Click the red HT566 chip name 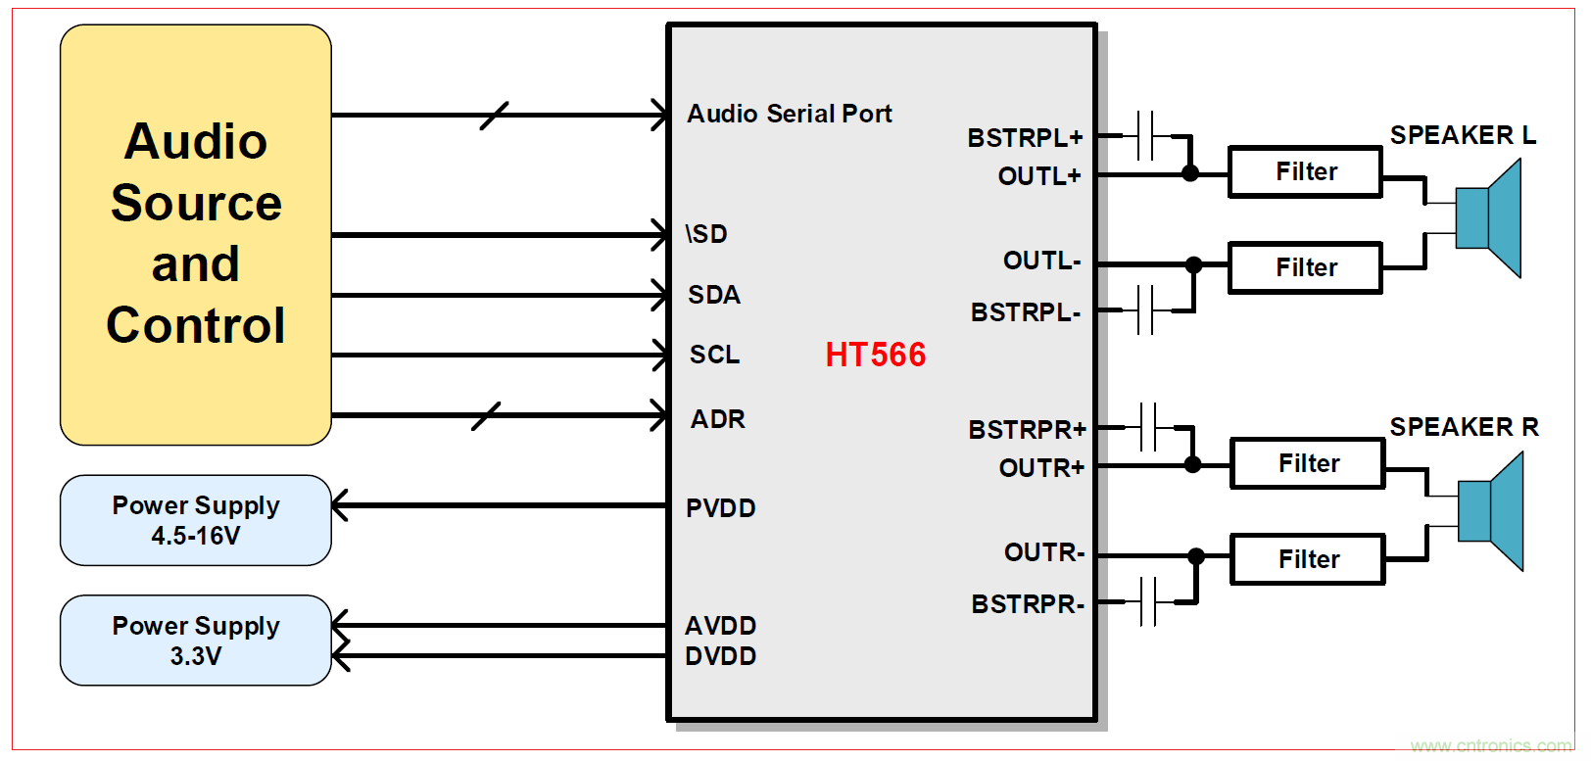coord(875,355)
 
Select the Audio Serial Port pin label coord(789,114)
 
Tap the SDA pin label coord(713,295)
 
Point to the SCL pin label coord(714,355)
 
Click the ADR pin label coord(717,419)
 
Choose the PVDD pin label coord(720,508)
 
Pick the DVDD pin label coord(720,656)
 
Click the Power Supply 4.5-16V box coord(196,520)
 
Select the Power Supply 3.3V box coord(196,641)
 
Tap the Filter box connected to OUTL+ coord(1305,172)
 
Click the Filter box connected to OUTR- coord(1307,559)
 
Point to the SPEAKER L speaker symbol coord(1489,218)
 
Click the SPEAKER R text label coord(1464,427)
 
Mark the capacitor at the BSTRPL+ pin coord(1146,135)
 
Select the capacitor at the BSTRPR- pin coord(1148,601)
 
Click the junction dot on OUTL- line coord(1193,264)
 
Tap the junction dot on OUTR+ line coord(1192,464)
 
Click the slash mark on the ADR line coord(486,416)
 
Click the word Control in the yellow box coord(196,325)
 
